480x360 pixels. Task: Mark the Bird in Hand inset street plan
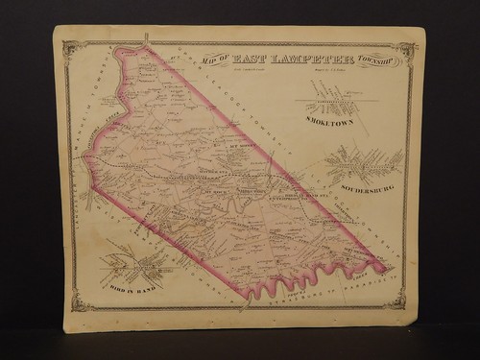tap(130, 264)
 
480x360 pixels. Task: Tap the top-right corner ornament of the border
tap(407, 49)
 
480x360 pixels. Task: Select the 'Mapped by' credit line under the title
tap(325, 70)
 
